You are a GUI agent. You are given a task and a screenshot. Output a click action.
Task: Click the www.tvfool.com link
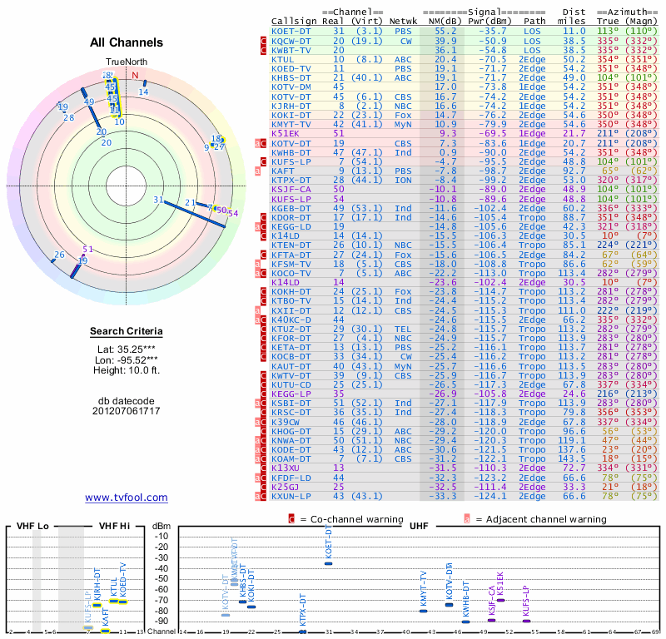click(127, 498)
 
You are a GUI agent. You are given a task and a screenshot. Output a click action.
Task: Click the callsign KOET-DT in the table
click(291, 31)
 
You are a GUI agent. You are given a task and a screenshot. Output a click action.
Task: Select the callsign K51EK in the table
click(286, 133)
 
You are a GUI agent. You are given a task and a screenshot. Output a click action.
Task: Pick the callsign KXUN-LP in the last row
click(291, 496)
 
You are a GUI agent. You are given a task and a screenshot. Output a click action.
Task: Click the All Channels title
click(127, 42)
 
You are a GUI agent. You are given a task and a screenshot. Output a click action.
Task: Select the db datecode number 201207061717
click(127, 411)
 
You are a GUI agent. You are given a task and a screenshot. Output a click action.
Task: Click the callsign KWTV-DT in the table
click(291, 377)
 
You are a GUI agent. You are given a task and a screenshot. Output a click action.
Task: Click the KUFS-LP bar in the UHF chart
click(527, 621)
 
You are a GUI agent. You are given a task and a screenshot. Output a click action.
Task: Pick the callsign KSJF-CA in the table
click(291, 189)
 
